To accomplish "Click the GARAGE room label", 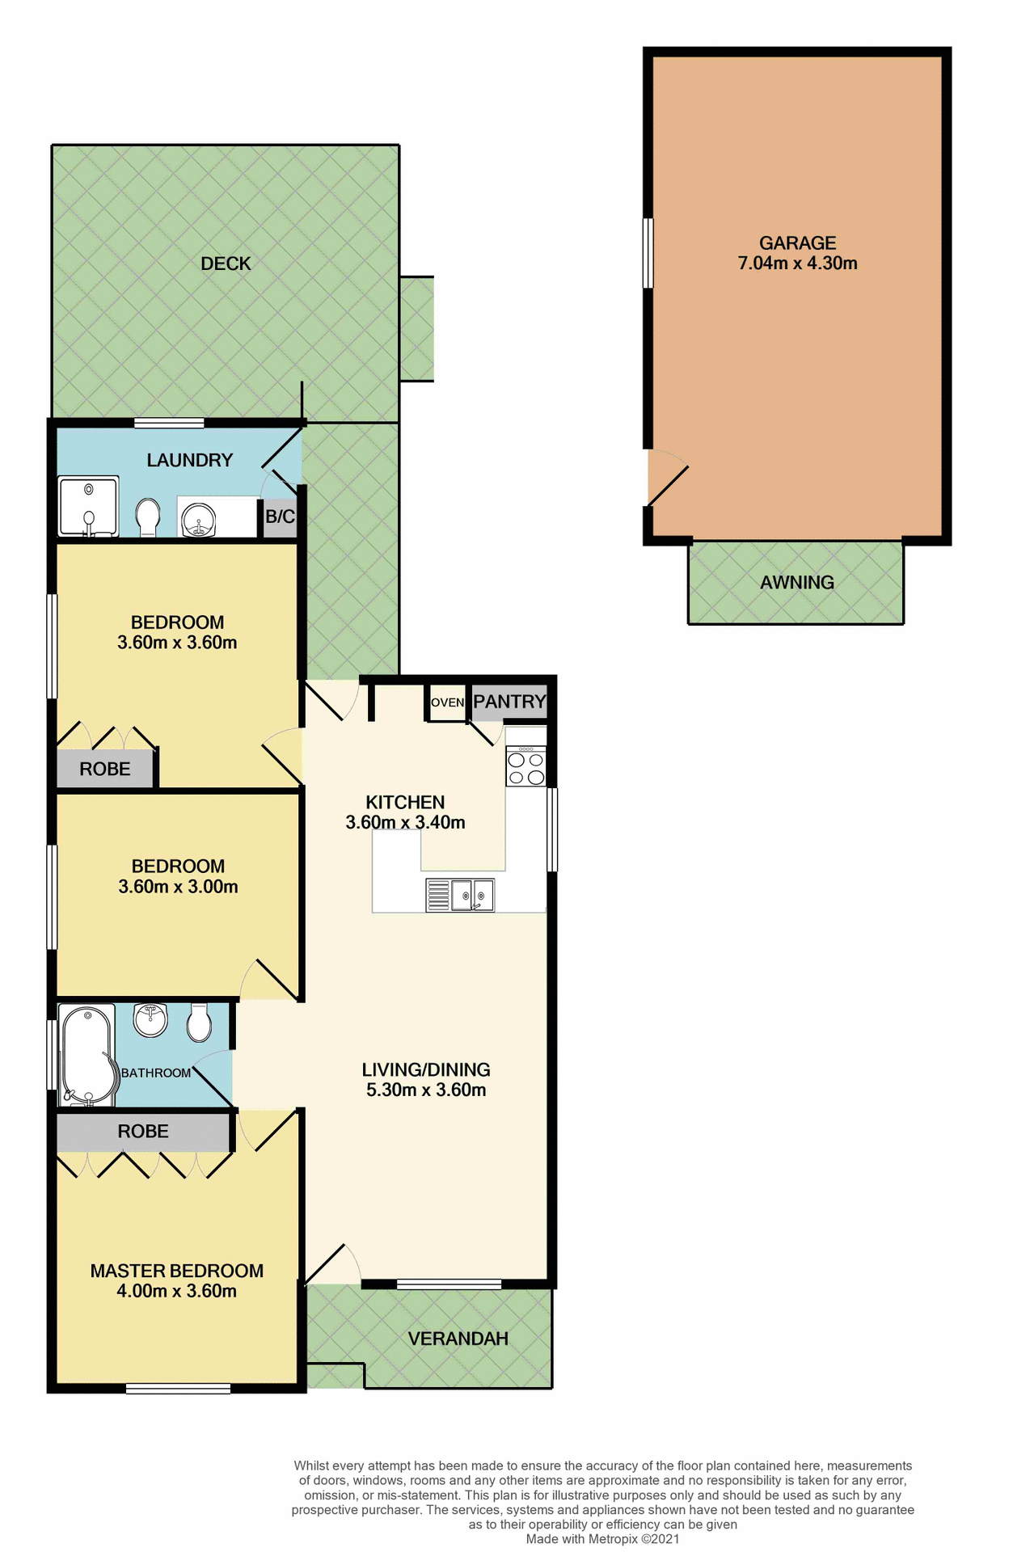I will [796, 242].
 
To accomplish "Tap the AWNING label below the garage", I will [796, 582].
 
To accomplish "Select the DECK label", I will [226, 264].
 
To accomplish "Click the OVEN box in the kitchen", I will [446, 702].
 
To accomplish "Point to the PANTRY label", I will [509, 701].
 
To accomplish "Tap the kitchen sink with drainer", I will [460, 895].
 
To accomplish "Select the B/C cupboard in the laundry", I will [280, 517].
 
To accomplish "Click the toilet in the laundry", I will [147, 517].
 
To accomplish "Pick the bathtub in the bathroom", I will [86, 1056].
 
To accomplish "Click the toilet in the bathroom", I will [199, 1023].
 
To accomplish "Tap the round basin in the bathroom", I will [150, 1019].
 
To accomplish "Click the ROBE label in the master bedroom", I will [143, 1132].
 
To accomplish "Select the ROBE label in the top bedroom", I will [105, 769].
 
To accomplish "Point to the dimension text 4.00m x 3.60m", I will [176, 1291].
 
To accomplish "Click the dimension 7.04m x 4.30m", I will [796, 264].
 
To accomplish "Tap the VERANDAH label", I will [458, 1339].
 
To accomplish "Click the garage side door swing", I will [667, 479].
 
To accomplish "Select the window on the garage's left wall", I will [648, 252].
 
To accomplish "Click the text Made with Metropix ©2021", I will [602, 1539].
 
